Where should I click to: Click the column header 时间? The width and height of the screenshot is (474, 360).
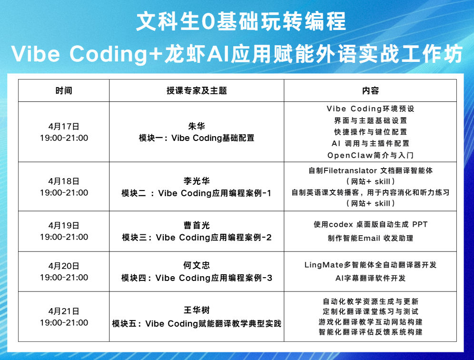[x=64, y=91]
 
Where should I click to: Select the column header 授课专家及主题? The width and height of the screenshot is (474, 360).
[x=197, y=91]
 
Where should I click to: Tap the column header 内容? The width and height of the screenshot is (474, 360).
[x=370, y=91]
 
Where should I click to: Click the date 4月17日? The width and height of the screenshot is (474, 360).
[x=64, y=127]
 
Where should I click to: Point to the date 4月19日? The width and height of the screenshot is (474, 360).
[x=64, y=225]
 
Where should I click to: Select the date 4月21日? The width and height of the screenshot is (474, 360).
[x=64, y=311]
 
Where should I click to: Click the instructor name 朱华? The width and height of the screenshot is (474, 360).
[x=197, y=126]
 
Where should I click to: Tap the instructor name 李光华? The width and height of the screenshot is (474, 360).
[x=197, y=181]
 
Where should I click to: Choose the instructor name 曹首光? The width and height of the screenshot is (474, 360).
[x=197, y=225]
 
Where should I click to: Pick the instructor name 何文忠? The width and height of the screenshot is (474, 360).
[x=197, y=265]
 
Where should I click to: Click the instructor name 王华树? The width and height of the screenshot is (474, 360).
[x=197, y=310]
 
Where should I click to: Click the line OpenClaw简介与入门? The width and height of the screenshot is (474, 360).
[x=370, y=155]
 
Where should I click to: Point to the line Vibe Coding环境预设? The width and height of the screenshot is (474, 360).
[x=370, y=109]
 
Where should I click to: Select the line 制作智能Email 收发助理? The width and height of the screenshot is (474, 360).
[x=370, y=239]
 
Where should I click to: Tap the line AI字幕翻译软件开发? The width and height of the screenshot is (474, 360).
[x=370, y=278]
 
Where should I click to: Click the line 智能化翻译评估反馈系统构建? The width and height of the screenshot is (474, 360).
[x=370, y=332]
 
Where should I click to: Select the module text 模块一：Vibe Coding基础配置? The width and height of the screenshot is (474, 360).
[x=197, y=138]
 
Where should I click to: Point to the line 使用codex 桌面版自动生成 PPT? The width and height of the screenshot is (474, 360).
[x=370, y=224]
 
